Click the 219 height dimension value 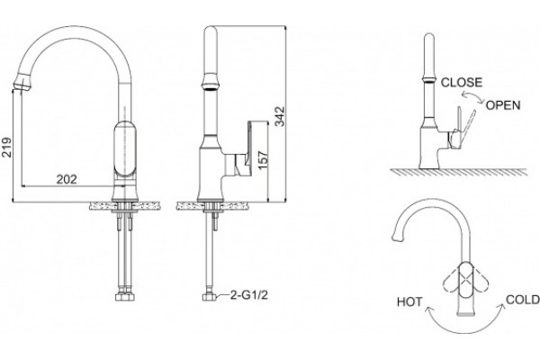click(6, 147)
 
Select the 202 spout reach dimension click(67, 179)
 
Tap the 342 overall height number click(281, 116)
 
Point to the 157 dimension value click(263, 159)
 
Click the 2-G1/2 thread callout click(249, 295)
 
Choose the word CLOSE click(462, 82)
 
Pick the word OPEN click(503, 105)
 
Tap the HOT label click(409, 301)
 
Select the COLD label click(522, 300)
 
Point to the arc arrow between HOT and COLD click(465, 331)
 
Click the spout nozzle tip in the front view click(22, 83)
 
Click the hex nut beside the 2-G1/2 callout click(209, 297)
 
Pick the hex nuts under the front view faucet click(125, 297)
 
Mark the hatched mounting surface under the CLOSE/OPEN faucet click(458, 172)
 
